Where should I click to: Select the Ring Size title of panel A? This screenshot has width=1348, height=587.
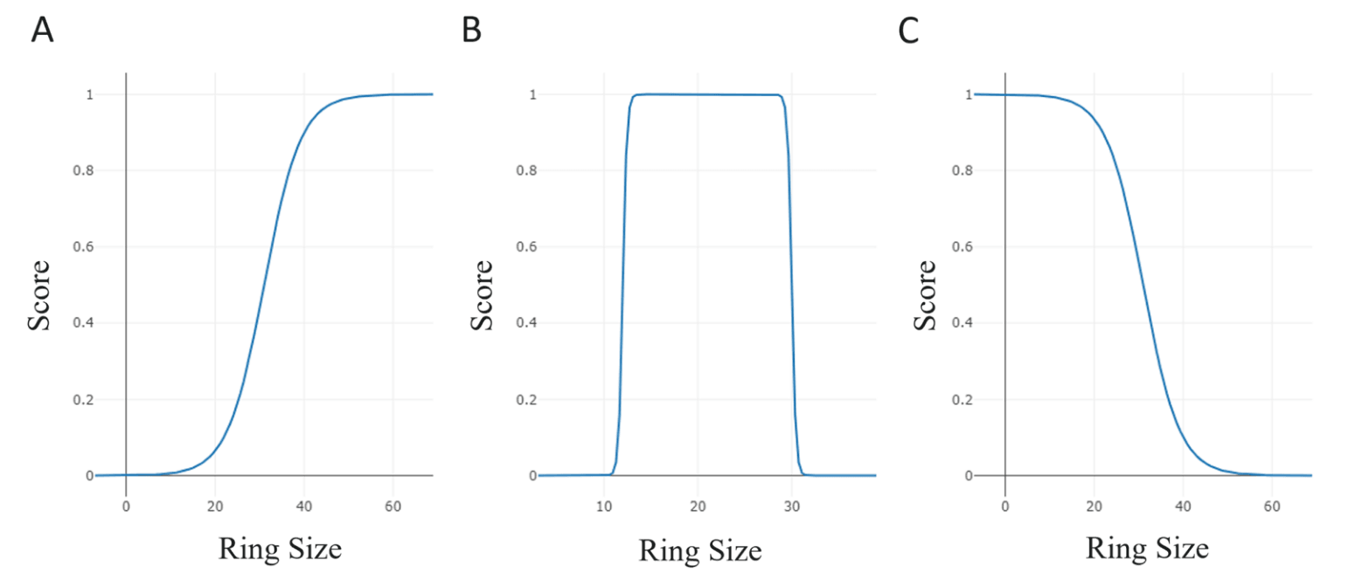280,549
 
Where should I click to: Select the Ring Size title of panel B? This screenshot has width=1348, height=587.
700,550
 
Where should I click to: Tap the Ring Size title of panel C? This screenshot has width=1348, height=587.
1147,549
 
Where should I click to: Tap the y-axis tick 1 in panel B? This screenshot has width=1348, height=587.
532,94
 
